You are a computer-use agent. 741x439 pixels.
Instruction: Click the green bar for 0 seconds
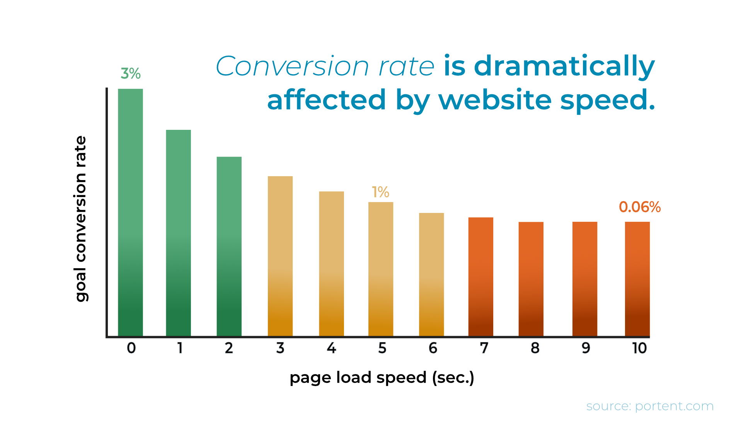130,213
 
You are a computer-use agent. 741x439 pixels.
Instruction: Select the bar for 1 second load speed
179,233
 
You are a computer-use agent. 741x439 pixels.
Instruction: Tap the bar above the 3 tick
280,256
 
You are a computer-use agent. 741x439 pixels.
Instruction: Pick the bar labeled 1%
381,269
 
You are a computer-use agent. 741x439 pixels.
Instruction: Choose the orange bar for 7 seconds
481,277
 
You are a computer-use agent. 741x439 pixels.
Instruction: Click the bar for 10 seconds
637,279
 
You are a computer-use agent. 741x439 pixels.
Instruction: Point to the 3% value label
131,73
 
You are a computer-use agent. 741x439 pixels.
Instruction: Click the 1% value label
380,192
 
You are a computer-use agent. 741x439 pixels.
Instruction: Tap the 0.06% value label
640,207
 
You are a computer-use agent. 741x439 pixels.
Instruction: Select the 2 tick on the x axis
229,348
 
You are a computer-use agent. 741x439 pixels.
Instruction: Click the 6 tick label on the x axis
433,348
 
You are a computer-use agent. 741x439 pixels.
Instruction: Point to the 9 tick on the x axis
586,348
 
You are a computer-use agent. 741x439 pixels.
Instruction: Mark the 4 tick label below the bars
331,348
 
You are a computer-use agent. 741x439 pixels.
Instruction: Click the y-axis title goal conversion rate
81,219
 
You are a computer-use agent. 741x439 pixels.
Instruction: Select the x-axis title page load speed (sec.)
382,378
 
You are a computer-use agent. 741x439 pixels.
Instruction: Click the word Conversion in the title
293,66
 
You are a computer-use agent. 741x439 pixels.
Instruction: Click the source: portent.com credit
650,406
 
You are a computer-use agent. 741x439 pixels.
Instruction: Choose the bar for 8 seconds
531,279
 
